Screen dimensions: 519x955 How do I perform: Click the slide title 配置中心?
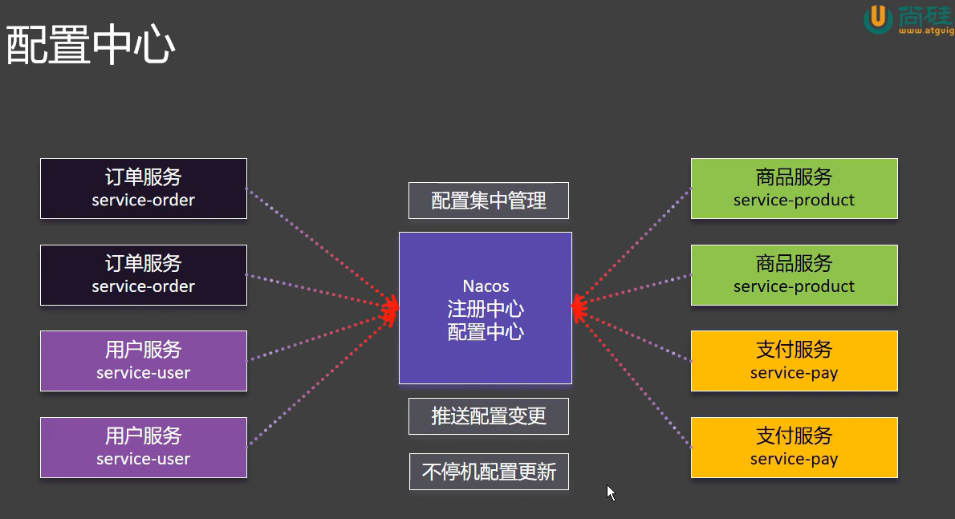(x=91, y=46)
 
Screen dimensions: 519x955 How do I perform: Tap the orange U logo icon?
(x=878, y=19)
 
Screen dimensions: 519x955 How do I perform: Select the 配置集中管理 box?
(x=488, y=201)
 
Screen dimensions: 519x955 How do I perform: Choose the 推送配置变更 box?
(x=488, y=416)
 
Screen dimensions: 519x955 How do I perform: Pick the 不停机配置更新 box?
(x=488, y=472)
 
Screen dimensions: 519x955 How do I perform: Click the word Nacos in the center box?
(x=486, y=286)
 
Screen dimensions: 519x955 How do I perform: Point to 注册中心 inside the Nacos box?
(x=486, y=309)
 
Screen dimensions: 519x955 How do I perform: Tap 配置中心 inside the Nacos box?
(x=486, y=331)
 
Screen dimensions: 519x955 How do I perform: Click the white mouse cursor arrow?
(x=611, y=492)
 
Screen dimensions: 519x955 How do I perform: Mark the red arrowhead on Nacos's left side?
(x=392, y=306)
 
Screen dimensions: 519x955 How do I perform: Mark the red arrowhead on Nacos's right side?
(x=578, y=306)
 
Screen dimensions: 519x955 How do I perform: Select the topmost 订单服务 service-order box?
(x=144, y=189)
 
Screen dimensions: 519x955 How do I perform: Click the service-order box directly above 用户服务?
(x=144, y=275)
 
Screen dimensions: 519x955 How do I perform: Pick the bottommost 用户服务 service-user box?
(x=144, y=448)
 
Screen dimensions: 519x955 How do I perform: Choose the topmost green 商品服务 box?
(x=794, y=189)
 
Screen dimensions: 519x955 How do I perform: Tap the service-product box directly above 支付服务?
(x=794, y=275)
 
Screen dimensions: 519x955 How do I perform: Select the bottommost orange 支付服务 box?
(x=794, y=448)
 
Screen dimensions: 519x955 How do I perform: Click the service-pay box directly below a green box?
(x=794, y=361)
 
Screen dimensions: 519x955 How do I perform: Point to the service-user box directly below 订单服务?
(x=144, y=361)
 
